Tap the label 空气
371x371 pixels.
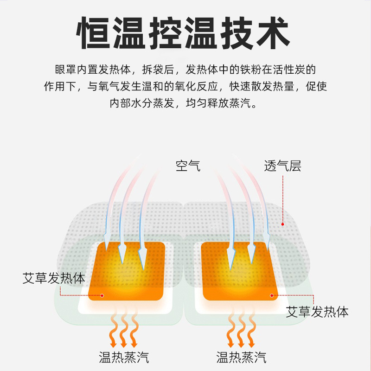pos(188,166)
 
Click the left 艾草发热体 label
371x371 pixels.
pos(54,278)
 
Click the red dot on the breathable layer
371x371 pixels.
pos(283,224)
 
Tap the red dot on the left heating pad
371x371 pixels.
pos(102,295)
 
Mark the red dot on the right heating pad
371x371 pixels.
pos(271,294)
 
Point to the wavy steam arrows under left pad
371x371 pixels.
pos(124,331)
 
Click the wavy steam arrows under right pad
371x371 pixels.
pos(240,331)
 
